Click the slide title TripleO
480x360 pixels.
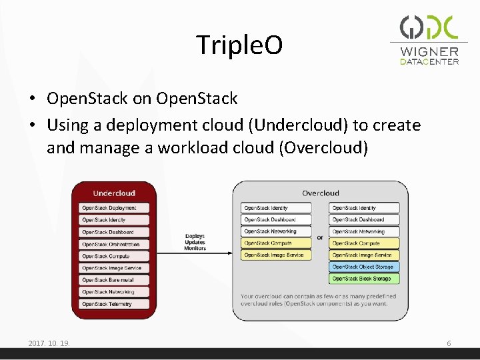[x=239, y=45]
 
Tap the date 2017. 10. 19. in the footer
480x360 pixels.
[x=49, y=343]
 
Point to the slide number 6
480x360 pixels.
[x=449, y=343]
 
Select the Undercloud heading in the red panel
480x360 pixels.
[x=114, y=193]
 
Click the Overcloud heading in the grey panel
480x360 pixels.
[x=320, y=193]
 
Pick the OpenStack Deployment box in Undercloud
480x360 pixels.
[x=113, y=208]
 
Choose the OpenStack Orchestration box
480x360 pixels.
[x=113, y=244]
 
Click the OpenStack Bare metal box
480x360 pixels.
[x=113, y=280]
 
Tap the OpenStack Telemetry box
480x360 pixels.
[x=113, y=304]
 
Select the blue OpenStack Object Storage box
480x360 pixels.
[x=364, y=267]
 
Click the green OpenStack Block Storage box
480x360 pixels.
[x=364, y=279]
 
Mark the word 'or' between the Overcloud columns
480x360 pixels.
[x=320, y=237]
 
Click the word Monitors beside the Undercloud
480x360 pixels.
[x=195, y=248]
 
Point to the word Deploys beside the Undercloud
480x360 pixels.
[x=195, y=236]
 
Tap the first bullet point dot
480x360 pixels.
[x=33, y=99]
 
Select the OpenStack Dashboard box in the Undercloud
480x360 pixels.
[x=113, y=232]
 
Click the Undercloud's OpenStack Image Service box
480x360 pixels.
[x=113, y=268]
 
